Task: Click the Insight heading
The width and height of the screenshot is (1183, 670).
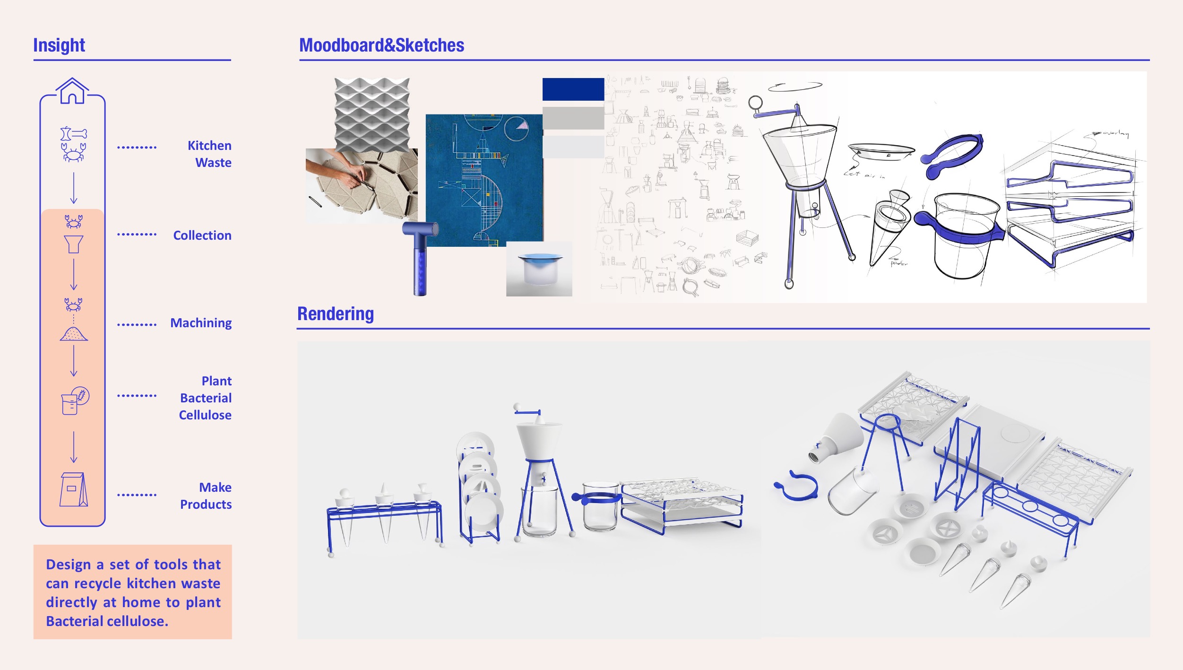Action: (x=59, y=45)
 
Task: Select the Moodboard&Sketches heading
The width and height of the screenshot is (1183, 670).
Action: (x=381, y=45)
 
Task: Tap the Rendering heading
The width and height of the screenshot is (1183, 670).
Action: (x=335, y=313)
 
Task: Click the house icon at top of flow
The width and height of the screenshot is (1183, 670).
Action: (x=72, y=91)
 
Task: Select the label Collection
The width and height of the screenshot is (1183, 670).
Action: (x=202, y=235)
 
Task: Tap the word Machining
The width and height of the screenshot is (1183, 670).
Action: (x=201, y=323)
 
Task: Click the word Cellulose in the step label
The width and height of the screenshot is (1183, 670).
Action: (x=205, y=415)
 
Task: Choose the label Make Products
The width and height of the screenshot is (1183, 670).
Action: (x=207, y=496)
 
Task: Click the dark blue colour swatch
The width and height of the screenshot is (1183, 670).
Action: (x=573, y=89)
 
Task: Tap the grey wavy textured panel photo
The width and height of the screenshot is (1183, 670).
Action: (x=371, y=113)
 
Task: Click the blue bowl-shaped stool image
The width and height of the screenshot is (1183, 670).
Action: (x=539, y=269)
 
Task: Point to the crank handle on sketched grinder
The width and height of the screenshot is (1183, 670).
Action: (x=773, y=111)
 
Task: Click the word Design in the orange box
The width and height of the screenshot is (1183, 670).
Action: (x=68, y=565)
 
